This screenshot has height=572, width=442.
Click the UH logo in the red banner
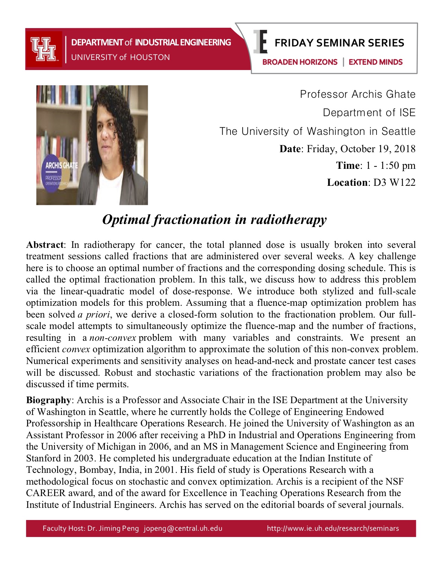click(x=43, y=49)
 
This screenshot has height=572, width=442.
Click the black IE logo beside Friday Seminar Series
click(x=260, y=42)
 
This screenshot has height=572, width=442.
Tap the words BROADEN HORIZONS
click(x=300, y=62)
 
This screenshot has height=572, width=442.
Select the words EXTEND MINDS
click(x=375, y=62)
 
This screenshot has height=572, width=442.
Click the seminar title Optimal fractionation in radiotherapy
click(x=214, y=220)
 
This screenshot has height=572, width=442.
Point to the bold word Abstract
click(x=45, y=245)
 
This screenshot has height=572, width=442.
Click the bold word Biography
click(x=49, y=400)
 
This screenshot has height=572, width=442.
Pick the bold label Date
click(x=290, y=149)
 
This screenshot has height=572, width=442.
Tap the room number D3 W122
click(x=394, y=182)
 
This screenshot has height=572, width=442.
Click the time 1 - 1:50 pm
click(x=391, y=165)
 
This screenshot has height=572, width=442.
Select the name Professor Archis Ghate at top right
click(x=357, y=94)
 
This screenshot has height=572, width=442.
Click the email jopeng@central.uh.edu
click(x=183, y=528)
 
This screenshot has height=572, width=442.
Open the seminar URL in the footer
click(x=333, y=528)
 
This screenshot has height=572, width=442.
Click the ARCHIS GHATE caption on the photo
click(x=61, y=165)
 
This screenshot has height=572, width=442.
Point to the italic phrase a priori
click(x=94, y=314)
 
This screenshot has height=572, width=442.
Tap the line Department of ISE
click(x=369, y=113)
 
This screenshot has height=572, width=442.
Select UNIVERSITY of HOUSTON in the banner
click(x=120, y=57)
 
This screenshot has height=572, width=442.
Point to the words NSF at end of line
click(x=394, y=482)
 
